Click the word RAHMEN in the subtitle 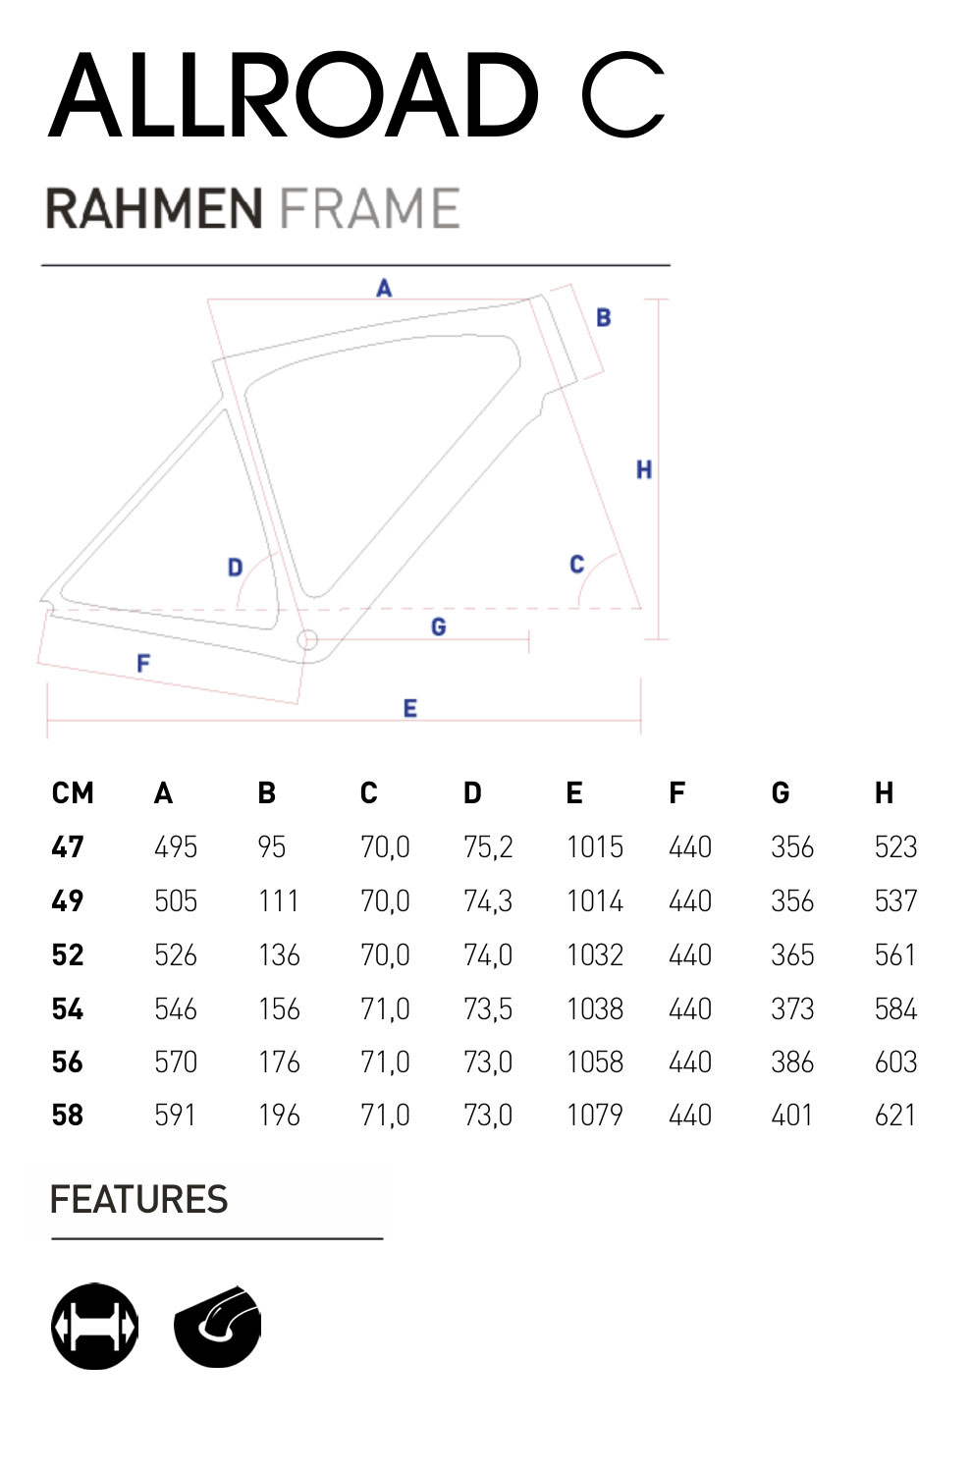154,209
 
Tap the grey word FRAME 370,209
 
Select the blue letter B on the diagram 604,317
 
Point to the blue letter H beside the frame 644,470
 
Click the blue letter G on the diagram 439,627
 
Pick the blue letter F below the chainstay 143,664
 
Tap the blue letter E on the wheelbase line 410,709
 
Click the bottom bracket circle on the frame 307,640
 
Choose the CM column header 73,793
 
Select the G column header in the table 781,793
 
